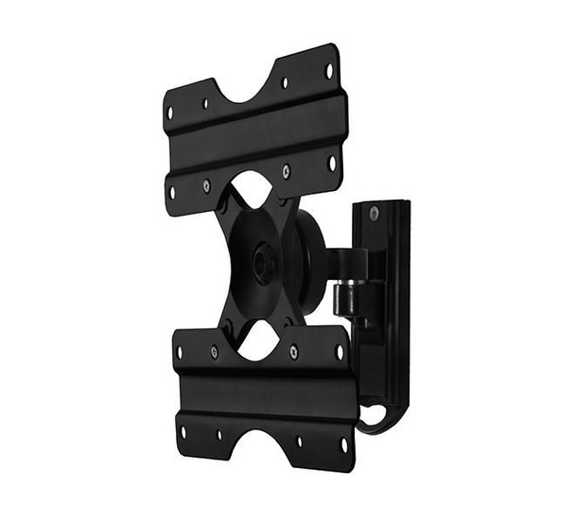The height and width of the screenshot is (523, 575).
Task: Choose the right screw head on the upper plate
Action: [287, 171]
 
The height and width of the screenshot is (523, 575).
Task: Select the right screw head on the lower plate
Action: [293, 353]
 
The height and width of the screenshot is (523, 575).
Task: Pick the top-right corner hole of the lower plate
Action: [338, 352]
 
